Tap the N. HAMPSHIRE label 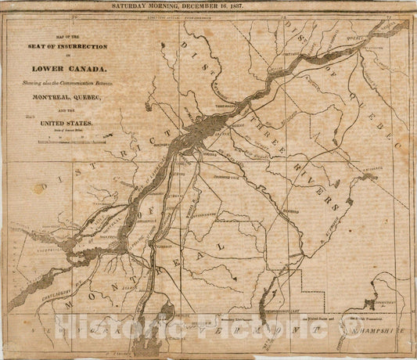376,330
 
